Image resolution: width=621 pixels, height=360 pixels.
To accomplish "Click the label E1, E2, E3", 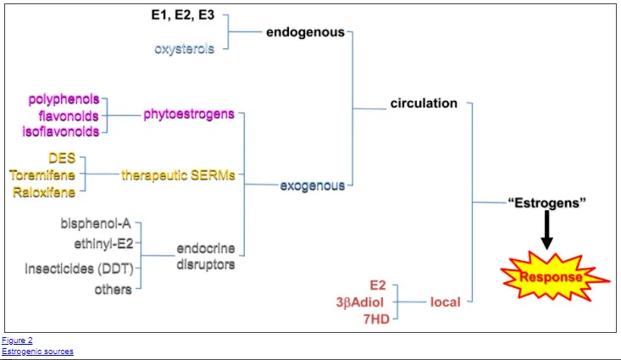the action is [183, 15].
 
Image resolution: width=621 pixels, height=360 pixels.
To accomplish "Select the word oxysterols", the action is [184, 49].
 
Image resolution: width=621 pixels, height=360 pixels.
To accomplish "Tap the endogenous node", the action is [305, 32].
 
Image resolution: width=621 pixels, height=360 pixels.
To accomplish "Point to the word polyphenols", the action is [64, 99].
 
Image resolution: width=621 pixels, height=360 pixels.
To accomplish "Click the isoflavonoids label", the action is [61, 131].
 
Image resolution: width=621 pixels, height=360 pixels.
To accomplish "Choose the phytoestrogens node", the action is [189, 114].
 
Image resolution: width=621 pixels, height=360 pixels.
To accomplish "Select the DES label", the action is [62, 158].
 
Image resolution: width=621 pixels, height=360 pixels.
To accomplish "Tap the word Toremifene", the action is [42, 175].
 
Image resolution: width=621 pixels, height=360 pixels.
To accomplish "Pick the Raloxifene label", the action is [44, 192].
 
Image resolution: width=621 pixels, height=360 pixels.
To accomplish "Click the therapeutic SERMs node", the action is [178, 175].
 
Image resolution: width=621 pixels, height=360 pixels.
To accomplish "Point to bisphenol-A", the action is [96, 224].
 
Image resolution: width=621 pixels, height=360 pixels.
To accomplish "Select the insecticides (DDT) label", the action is [79, 269].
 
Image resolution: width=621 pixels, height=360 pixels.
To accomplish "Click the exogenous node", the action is [313, 186].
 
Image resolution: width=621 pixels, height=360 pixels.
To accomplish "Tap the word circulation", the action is [424, 103].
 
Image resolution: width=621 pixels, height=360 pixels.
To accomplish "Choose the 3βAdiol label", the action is [360, 302].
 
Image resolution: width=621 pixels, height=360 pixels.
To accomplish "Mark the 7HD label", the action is [377, 319].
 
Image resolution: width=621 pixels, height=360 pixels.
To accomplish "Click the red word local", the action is [446, 302].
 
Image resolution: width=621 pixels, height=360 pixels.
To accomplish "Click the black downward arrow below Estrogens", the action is [547, 230].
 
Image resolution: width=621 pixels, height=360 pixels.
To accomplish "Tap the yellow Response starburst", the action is [554, 276].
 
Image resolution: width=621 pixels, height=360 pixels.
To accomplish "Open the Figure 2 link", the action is [18, 341].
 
